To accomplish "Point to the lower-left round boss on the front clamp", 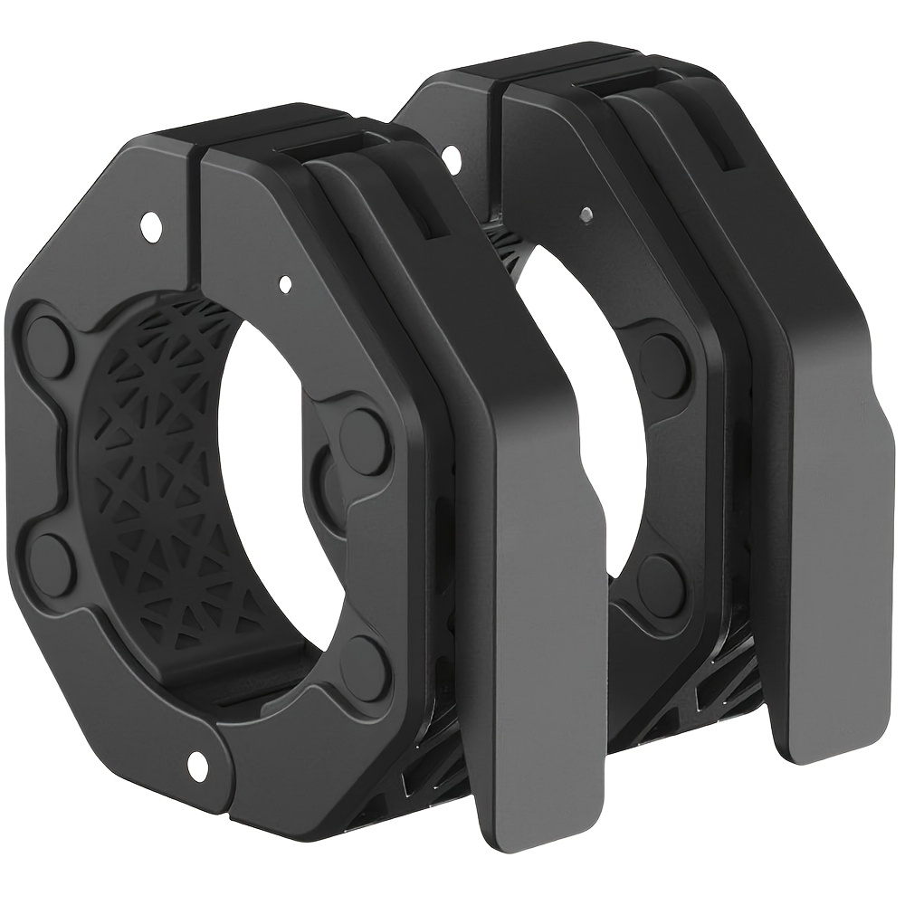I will (x=51, y=559).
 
